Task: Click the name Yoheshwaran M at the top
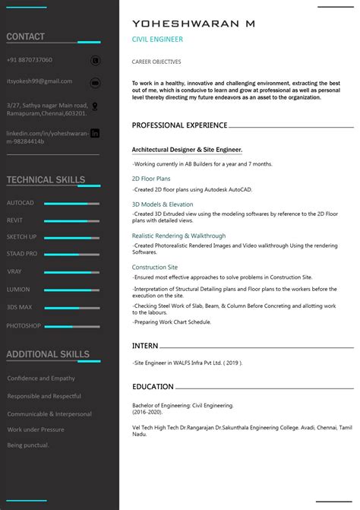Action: click(193, 24)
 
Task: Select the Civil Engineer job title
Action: click(157, 40)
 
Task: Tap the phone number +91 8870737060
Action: click(30, 60)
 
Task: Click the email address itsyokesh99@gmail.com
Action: click(39, 81)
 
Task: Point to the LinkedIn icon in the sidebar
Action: click(95, 133)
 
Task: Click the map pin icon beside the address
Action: click(95, 108)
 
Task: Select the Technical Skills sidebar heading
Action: click(46, 180)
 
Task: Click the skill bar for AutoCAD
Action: click(71, 204)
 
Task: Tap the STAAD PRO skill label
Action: click(22, 254)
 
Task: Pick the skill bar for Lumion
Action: click(71, 290)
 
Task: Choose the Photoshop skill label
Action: click(24, 325)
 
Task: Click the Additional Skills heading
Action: click(48, 354)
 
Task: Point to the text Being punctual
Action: click(28, 445)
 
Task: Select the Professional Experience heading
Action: click(179, 125)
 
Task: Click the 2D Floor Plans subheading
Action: click(151, 179)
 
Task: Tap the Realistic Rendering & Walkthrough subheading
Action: click(178, 236)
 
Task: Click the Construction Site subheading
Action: click(155, 268)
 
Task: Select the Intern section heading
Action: click(145, 346)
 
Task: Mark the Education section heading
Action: click(153, 387)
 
